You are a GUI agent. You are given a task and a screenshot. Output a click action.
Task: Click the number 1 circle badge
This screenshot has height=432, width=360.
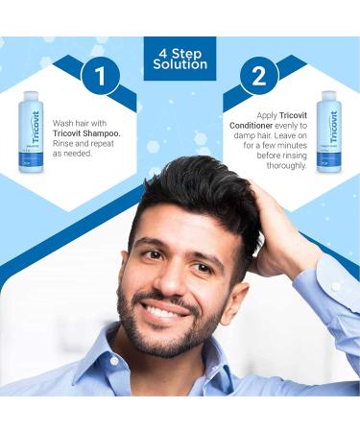[x=101, y=77]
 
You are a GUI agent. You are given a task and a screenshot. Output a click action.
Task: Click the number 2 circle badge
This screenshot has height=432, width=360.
[x=258, y=77]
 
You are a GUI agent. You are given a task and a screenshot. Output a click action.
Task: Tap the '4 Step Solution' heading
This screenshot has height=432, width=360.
[x=180, y=57]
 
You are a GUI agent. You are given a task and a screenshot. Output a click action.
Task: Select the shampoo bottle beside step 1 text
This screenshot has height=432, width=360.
[x=31, y=132]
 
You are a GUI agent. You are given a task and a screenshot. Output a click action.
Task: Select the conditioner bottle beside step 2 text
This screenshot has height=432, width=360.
[x=328, y=132]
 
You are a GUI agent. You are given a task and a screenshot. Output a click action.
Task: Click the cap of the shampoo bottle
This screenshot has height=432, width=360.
[x=31, y=95]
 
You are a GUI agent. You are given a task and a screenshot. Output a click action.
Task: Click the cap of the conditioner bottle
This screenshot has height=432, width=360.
[x=328, y=95]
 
